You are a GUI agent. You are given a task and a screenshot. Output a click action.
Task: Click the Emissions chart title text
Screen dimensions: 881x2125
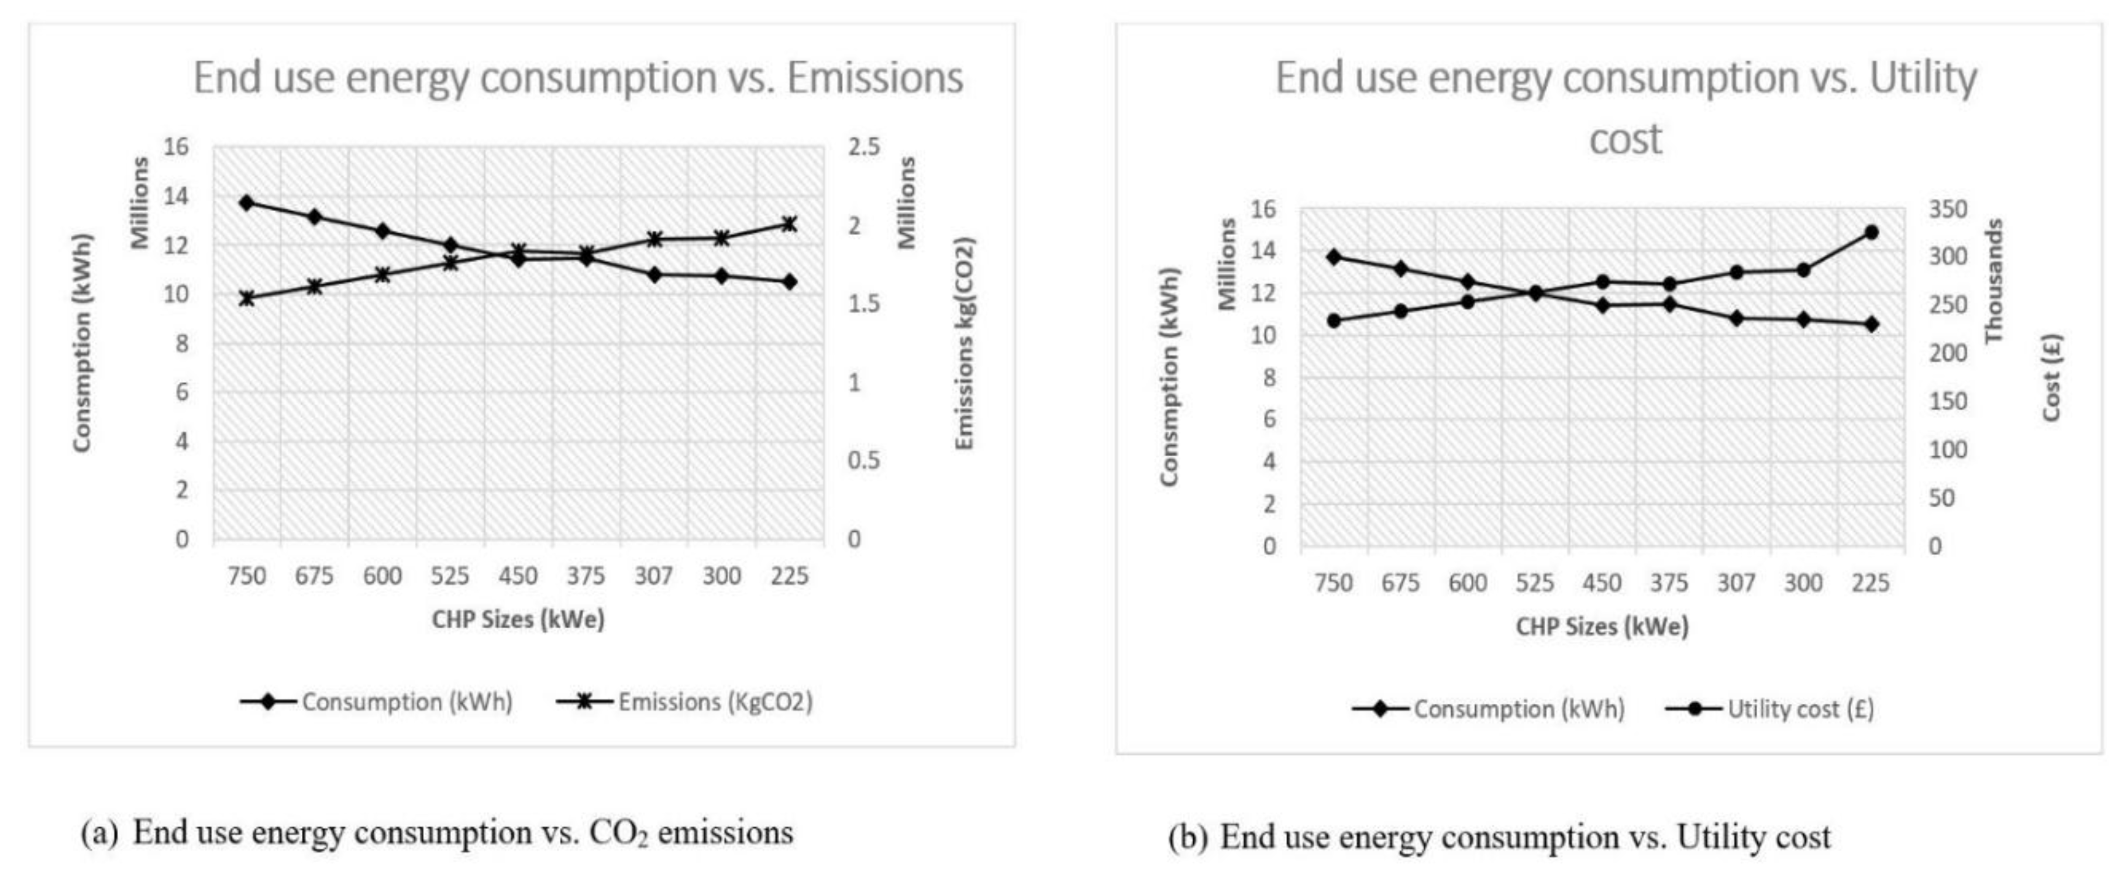(x=577, y=78)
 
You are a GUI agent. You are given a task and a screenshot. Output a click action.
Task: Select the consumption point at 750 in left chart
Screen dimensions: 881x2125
(x=246, y=202)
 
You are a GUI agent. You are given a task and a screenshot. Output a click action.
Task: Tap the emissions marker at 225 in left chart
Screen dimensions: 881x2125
(x=788, y=223)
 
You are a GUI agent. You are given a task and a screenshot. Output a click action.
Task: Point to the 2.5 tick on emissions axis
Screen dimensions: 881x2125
(x=864, y=147)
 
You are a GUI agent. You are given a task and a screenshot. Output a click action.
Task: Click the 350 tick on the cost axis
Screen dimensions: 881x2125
(x=1947, y=209)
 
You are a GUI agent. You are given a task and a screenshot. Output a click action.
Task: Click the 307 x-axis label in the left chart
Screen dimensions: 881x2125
(x=653, y=576)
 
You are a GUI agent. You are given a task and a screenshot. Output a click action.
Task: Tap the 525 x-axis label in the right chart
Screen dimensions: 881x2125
(x=1534, y=583)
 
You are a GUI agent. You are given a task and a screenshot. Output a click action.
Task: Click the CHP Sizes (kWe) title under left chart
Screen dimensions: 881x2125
(x=518, y=620)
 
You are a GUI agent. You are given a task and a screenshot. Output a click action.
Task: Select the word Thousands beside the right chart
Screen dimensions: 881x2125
(x=1993, y=280)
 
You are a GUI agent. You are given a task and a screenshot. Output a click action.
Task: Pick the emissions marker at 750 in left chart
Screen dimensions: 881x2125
(x=246, y=298)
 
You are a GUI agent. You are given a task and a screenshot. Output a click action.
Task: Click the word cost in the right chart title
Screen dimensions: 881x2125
(x=1625, y=139)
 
